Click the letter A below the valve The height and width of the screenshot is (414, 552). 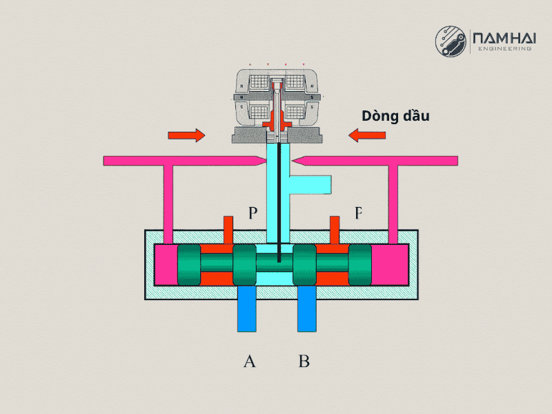point(250,360)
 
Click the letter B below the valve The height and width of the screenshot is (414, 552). point(304,360)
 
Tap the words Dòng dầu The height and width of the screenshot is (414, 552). point(396,116)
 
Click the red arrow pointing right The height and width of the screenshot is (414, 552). point(186,135)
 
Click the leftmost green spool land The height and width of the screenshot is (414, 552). point(189,266)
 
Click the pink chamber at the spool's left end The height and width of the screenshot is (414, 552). point(165,266)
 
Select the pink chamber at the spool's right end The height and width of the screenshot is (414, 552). point(389,266)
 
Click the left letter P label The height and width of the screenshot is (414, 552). point(253,213)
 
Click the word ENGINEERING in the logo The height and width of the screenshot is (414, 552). point(504,50)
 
